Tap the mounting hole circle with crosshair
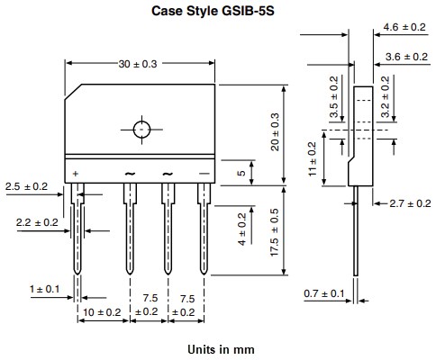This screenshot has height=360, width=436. (x=142, y=129)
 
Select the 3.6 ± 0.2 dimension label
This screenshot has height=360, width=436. (x=404, y=57)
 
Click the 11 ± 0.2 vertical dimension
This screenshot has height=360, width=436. (x=313, y=158)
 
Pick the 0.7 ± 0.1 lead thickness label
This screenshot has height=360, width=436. (x=322, y=294)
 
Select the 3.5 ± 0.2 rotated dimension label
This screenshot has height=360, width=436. (x=333, y=98)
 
